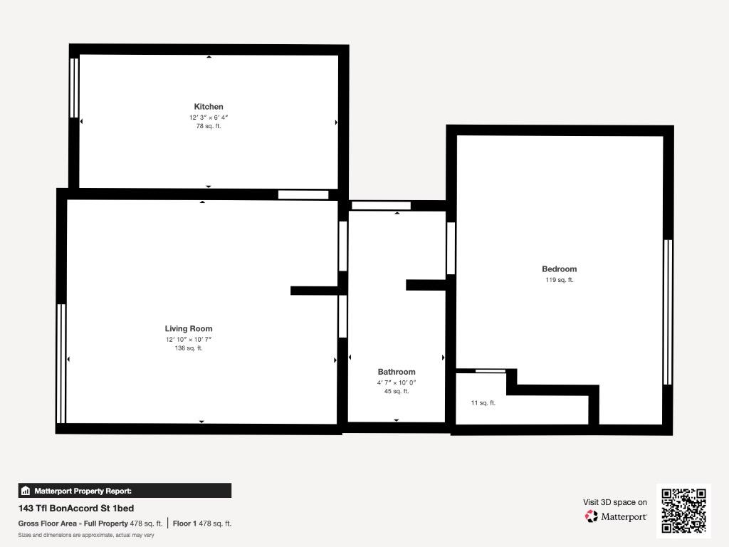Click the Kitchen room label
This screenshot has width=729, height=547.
point(209,107)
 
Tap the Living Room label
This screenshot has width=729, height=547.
point(188,328)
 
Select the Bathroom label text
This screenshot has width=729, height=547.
point(397,372)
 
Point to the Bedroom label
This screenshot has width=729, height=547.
point(560,269)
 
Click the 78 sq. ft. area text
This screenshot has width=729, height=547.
point(209,126)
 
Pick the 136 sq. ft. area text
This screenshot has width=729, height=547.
point(188,348)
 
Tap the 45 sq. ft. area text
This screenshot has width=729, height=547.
point(397,391)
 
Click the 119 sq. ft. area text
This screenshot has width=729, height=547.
point(560,280)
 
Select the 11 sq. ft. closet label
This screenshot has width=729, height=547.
point(483,403)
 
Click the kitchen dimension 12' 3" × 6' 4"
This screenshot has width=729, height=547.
point(209,118)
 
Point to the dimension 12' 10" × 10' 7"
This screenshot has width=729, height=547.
point(188,339)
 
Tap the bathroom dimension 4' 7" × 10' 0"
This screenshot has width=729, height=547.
point(397,382)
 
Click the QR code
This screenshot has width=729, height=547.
point(683,510)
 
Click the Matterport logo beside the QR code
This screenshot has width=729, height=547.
point(616,516)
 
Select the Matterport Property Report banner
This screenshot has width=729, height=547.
point(125,491)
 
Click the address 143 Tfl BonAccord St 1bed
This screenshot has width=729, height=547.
point(76,508)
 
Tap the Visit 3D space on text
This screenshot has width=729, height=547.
point(615,502)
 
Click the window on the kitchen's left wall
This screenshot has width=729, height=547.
point(74,88)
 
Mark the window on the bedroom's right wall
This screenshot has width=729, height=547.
point(668,312)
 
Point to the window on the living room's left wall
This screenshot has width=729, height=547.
point(61,364)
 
